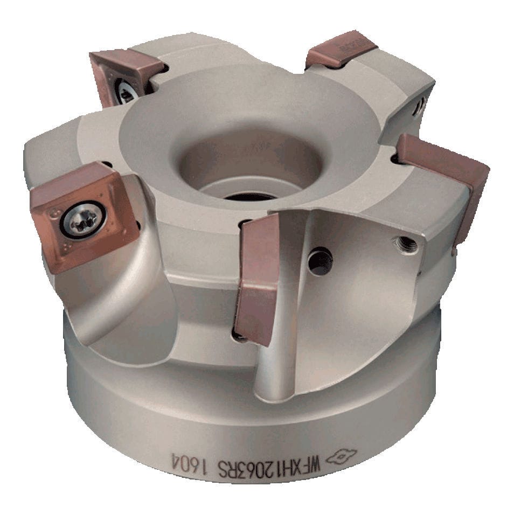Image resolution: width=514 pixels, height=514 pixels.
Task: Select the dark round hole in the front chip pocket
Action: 320,262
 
